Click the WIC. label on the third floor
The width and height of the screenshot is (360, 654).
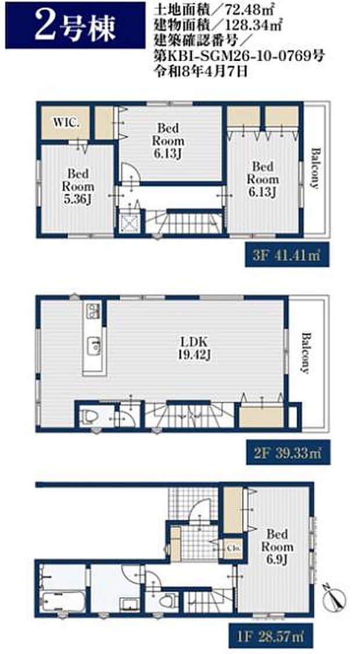(66, 123)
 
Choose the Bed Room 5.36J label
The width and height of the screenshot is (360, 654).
(78, 186)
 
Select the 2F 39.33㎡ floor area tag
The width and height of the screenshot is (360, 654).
(287, 452)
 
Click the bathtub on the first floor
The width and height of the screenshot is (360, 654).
(64, 601)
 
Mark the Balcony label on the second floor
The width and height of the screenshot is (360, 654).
(306, 353)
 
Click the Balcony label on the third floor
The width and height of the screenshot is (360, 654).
(315, 168)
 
